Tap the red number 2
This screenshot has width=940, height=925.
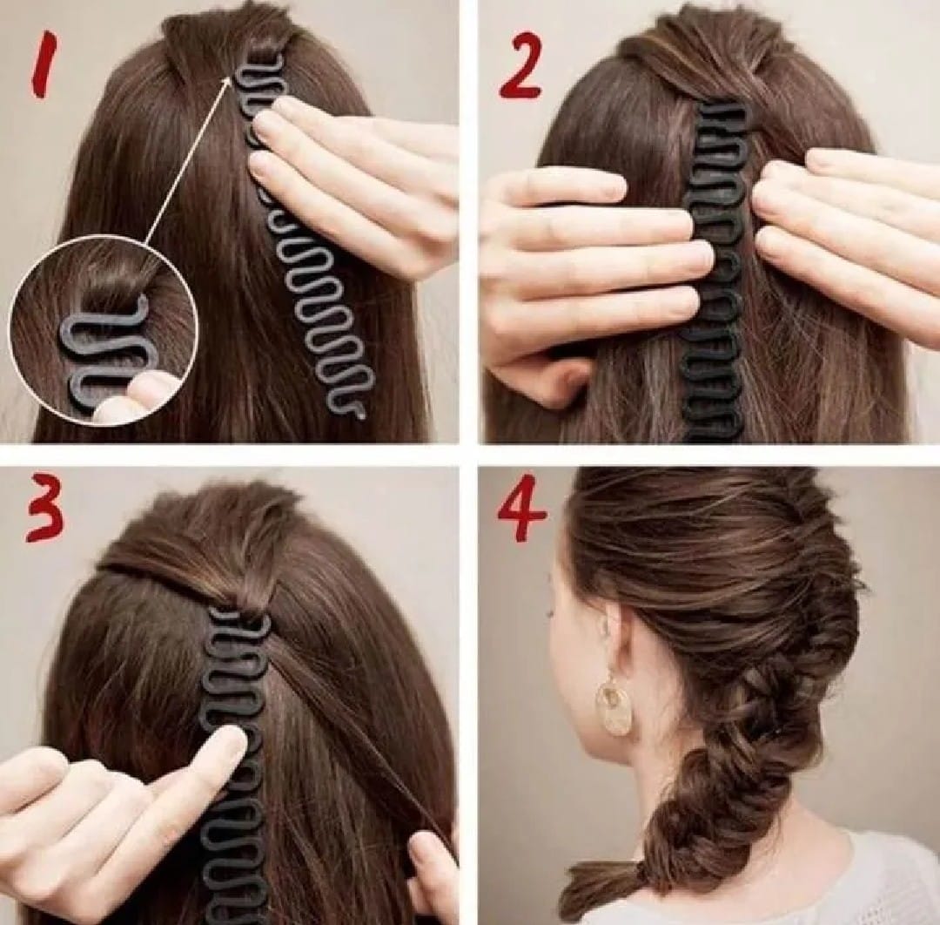coord(520,66)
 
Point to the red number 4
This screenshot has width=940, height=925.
coord(521,510)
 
